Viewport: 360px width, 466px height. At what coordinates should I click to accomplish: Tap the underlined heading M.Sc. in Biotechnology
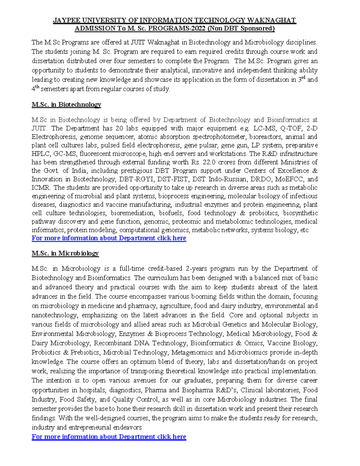tap(66, 105)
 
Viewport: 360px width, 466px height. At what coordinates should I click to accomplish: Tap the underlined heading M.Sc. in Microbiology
tap(65, 253)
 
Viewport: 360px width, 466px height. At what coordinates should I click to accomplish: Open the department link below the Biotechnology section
tap(109, 238)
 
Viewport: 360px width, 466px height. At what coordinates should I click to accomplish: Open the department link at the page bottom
tap(109, 437)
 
